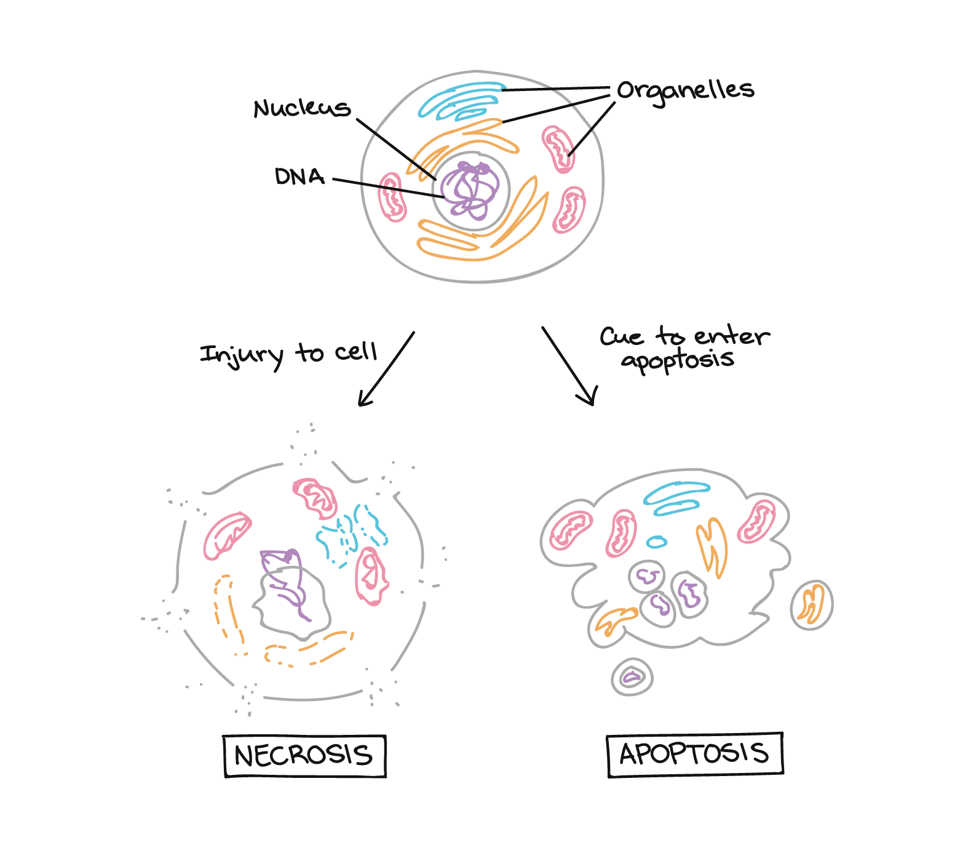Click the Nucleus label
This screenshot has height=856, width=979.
[x=302, y=108]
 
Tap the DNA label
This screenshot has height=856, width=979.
[x=299, y=177]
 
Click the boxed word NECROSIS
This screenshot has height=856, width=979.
[x=304, y=756]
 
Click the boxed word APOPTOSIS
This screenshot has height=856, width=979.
[x=695, y=755]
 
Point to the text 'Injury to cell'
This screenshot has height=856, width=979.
[x=288, y=354]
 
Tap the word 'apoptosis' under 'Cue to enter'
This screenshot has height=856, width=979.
[x=678, y=360]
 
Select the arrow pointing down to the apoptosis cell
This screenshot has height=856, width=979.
[x=569, y=367]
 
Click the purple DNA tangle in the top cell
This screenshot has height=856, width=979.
[x=470, y=191]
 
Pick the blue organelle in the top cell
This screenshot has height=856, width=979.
[x=461, y=100]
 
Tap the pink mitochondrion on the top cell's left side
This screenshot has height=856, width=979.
[x=392, y=197]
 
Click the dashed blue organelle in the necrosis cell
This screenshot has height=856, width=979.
[x=351, y=532]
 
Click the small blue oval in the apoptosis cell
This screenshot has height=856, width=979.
[x=657, y=542]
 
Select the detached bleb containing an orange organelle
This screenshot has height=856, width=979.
[x=811, y=605]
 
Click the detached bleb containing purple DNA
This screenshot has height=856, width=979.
[x=632, y=677]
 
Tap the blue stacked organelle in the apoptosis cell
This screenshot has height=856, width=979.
[x=676, y=498]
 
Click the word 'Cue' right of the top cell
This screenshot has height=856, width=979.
[x=622, y=337]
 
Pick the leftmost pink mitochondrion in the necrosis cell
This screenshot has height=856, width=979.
[x=226, y=535]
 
